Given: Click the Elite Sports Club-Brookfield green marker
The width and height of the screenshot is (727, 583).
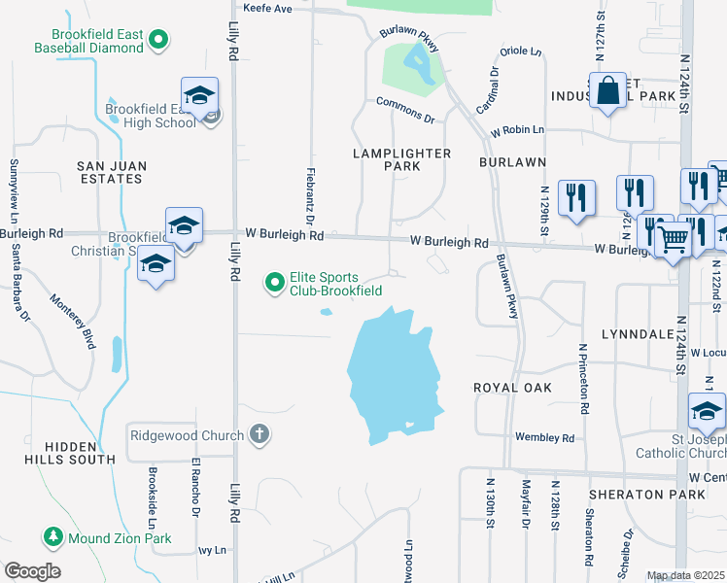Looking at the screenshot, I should (x=275, y=283).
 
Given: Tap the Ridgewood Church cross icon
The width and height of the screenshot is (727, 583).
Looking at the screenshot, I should (x=260, y=434).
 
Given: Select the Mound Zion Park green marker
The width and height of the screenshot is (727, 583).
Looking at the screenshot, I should (x=53, y=536).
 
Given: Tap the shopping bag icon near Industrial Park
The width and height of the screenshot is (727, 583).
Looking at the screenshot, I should (x=607, y=91).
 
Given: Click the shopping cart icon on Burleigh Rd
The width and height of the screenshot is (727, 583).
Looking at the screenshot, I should (x=672, y=237).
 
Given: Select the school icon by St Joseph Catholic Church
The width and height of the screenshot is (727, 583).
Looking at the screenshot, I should (x=707, y=412).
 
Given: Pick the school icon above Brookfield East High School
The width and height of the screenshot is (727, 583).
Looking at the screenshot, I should (x=199, y=95).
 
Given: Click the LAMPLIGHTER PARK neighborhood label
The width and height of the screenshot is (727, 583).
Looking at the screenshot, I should (x=401, y=159).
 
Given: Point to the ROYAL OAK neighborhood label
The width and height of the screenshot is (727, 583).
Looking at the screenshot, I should (x=513, y=388).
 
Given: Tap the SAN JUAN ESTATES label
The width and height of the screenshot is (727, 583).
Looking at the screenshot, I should (x=112, y=173).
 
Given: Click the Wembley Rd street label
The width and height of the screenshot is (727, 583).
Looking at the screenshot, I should (x=544, y=438).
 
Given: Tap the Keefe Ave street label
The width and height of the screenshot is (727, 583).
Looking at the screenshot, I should (x=267, y=9).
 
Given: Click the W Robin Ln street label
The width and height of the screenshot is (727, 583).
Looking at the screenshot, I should (x=517, y=129).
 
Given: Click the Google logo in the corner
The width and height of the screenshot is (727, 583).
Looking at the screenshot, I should (x=32, y=571).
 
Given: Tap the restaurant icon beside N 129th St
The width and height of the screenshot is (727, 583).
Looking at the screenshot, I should (x=577, y=198).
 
